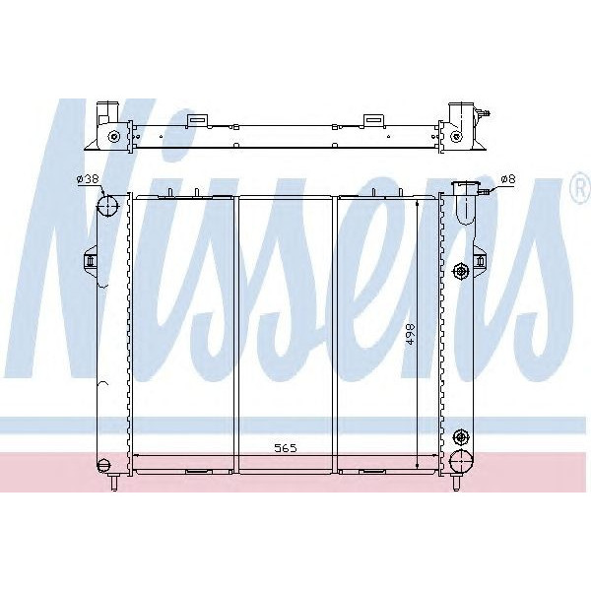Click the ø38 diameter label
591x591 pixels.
[x=88, y=179]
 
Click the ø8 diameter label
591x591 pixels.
[x=507, y=179]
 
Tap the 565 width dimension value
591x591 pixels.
[x=286, y=448]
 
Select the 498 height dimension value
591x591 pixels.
[x=410, y=333]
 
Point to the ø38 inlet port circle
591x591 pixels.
[x=107, y=206]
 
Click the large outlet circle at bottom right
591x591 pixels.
[x=461, y=461]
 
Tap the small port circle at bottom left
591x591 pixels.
[x=103, y=464]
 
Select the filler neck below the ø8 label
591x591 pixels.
[x=466, y=203]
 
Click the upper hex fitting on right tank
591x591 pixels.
[x=461, y=271]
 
